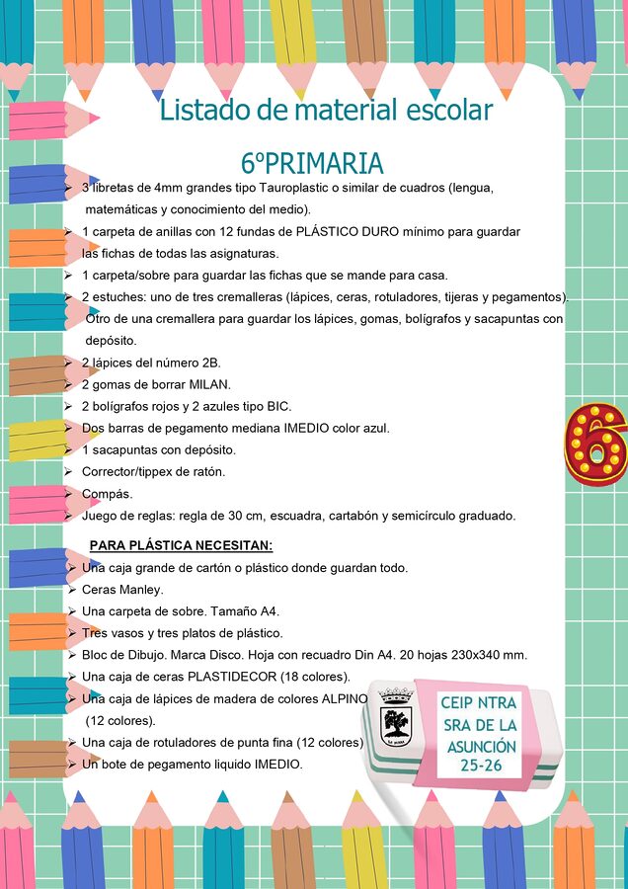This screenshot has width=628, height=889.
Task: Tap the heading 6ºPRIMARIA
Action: (x=311, y=163)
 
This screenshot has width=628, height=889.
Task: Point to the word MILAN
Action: (x=210, y=384)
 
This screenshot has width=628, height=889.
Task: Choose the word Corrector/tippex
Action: (x=130, y=471)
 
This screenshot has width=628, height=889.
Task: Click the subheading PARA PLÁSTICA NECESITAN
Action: (x=181, y=545)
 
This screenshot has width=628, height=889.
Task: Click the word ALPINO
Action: (x=345, y=698)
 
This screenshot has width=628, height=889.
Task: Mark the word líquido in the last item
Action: (x=211, y=764)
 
